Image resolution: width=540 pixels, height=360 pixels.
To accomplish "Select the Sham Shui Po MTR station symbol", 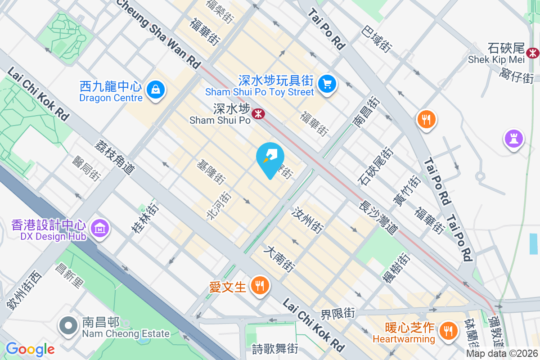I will click(x=258, y=114).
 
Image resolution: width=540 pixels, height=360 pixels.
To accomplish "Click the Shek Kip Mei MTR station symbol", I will click(x=533, y=53).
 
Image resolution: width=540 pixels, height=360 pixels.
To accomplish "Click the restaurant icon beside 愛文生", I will click(x=259, y=285).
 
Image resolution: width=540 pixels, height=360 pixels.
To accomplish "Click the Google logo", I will click(x=30, y=349).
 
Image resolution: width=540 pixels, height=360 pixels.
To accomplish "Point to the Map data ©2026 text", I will click(x=502, y=354).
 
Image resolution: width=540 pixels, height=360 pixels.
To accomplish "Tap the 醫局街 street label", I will click(x=85, y=169).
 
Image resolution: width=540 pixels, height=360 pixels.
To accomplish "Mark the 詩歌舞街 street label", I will click(x=275, y=348).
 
